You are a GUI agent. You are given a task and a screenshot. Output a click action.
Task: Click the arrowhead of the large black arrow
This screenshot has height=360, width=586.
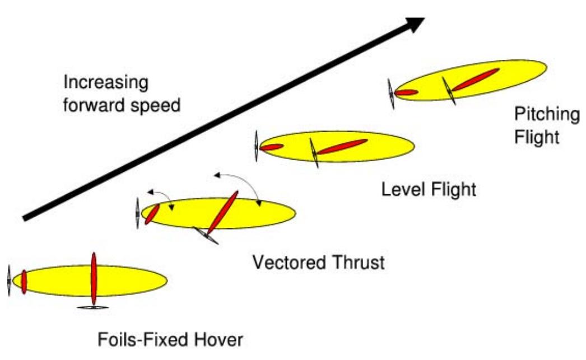tap(416, 24)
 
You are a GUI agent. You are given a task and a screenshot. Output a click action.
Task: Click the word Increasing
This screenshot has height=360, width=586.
tap(106, 83)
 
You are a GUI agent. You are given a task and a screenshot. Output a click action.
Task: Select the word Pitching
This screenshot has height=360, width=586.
tap(547, 116)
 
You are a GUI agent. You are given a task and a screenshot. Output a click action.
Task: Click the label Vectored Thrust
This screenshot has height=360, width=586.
tap(318, 262)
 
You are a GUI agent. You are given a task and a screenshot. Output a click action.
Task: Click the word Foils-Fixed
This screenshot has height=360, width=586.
tap(140, 340)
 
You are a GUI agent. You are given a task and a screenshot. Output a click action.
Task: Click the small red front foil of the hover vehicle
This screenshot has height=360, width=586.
tap(24, 282)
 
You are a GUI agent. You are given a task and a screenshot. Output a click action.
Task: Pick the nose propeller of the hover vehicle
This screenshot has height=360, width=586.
tap(10, 281)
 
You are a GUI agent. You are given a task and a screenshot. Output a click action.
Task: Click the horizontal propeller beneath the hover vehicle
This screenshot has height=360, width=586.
tap(92, 307)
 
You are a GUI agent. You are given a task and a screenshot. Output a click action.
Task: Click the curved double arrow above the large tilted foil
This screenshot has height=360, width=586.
tap(239, 182)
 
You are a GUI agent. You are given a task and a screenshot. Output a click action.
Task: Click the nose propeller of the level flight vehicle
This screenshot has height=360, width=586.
tap(256, 147)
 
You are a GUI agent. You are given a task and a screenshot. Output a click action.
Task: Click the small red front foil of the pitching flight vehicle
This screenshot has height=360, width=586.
tap(406, 92)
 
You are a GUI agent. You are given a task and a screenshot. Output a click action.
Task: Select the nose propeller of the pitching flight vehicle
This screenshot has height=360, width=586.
tap(392, 93)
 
